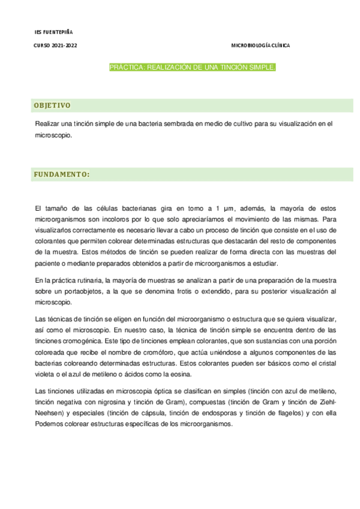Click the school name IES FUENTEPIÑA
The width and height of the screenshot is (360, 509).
click(53, 32)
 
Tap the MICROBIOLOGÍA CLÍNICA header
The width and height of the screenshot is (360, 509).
click(260, 46)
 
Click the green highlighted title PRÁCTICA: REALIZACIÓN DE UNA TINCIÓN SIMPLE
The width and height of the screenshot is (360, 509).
click(192, 68)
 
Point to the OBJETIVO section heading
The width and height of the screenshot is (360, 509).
click(52, 106)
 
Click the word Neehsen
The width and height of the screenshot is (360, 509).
click(50, 414)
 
